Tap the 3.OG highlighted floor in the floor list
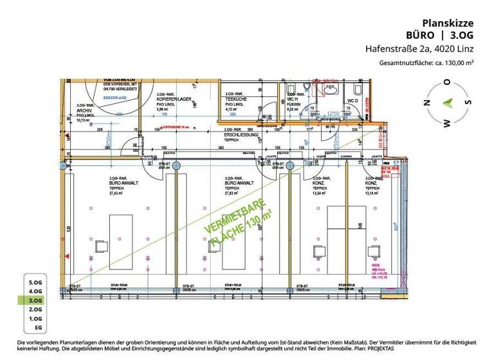(x=35, y=300)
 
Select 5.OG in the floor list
(x=35, y=282)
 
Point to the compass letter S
(x=470, y=102)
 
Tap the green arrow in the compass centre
(x=448, y=102)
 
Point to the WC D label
(x=352, y=101)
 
